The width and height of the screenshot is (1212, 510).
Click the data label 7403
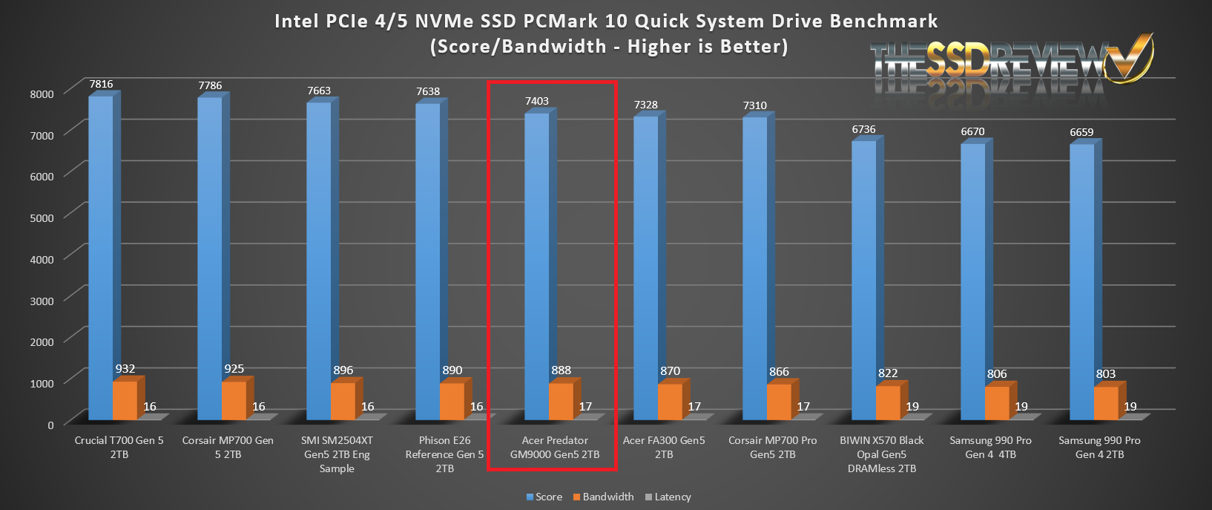point(537,101)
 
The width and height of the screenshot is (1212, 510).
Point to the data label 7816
point(102,84)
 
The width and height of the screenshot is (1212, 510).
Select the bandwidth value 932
point(125,369)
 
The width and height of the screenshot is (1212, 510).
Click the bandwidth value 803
point(1106,374)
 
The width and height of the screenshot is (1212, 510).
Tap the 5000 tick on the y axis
point(42,218)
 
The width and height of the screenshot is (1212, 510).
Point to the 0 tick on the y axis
point(50,425)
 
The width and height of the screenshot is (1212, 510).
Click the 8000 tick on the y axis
point(42,94)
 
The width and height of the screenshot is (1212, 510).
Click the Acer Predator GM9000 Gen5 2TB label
point(555,447)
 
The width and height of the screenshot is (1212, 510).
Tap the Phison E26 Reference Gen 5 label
point(444,454)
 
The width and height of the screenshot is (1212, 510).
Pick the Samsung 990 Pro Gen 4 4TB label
point(990,447)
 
